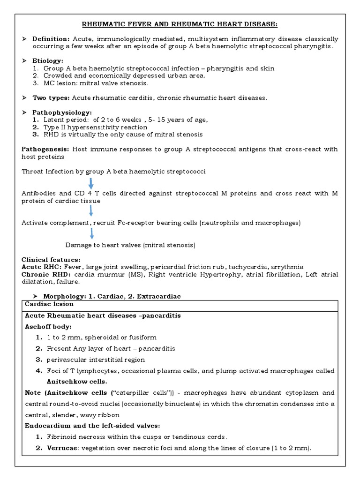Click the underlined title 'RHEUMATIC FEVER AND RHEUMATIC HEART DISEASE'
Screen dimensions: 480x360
[180, 24]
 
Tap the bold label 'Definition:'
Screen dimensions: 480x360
[51, 39]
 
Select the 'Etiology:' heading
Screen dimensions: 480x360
[47, 61]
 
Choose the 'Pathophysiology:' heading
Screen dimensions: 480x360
[62, 112]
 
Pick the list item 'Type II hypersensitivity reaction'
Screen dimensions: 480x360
[97, 127]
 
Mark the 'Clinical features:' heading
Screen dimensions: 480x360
[51, 259]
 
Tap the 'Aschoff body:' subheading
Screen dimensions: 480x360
[48, 326]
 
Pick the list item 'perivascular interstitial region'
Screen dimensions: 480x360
[96, 360]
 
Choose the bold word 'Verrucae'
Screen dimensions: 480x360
[61, 448]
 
